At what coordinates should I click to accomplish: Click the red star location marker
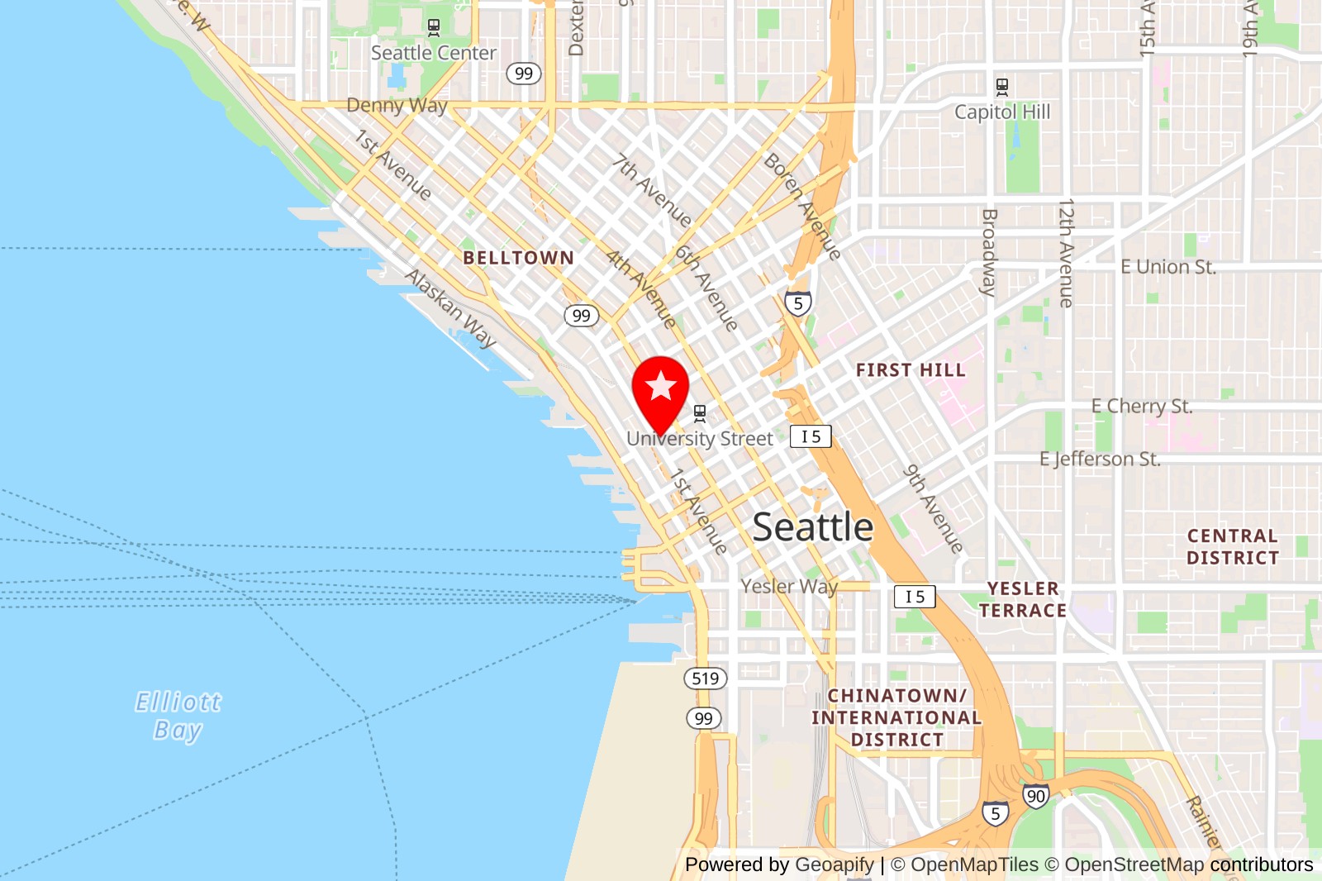660,387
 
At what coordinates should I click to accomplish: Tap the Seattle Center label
433,53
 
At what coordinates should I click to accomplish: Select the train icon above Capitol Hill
1002,87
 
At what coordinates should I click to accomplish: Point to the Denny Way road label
397,106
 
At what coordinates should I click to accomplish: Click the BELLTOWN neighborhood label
518,258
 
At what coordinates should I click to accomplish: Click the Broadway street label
989,252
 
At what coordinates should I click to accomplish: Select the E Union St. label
1167,267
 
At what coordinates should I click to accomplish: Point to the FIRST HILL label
911,370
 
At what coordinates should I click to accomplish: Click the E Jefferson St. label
1100,460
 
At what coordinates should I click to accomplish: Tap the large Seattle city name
813,527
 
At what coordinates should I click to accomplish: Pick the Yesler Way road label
789,587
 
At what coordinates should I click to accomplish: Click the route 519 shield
705,679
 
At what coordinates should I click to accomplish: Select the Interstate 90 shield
1035,796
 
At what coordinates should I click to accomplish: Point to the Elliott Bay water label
178,716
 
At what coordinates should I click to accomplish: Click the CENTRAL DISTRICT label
1233,547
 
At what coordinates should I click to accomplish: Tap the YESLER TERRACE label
1023,599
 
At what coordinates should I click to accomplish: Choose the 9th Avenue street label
933,508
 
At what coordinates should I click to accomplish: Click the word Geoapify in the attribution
834,864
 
